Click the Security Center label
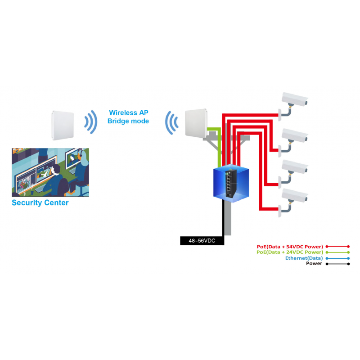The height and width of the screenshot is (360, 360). pyautogui.click(x=40, y=202)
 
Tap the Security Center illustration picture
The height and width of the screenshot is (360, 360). pyautogui.click(x=50, y=172)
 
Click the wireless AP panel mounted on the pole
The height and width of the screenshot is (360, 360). pyautogui.click(x=195, y=121)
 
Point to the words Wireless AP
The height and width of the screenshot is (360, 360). pyautogui.click(x=128, y=112)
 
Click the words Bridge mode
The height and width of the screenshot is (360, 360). pyautogui.click(x=128, y=121)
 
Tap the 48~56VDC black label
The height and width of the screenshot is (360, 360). pyautogui.click(x=202, y=241)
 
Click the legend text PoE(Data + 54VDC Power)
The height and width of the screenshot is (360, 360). pyautogui.click(x=290, y=247)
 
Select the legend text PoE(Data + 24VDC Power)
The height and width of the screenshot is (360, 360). pyautogui.click(x=290, y=252)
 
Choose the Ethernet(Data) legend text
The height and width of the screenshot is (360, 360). pyautogui.click(x=304, y=258)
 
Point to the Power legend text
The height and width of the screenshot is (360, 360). pyautogui.click(x=314, y=264)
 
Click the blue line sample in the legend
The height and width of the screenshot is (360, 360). pyautogui.click(x=338, y=258)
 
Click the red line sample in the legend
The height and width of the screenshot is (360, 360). pyautogui.click(x=338, y=247)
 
